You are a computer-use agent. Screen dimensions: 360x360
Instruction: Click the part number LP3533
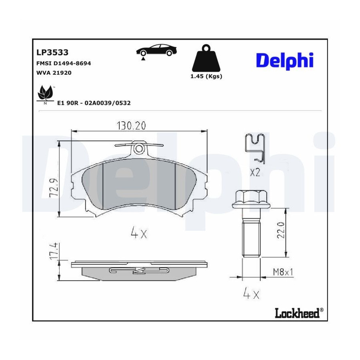[x=52, y=52]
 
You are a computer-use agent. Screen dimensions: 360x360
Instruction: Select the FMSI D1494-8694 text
[x=64, y=63]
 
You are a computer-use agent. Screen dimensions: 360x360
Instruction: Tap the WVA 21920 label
[x=54, y=73]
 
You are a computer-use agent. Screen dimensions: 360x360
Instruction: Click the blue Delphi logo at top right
[x=285, y=61]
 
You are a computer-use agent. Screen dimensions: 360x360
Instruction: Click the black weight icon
[x=206, y=58]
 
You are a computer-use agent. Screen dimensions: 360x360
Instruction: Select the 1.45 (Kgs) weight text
[x=206, y=76]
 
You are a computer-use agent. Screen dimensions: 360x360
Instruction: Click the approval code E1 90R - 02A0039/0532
[x=94, y=103]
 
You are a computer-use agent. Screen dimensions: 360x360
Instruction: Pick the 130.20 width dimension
[x=131, y=126]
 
